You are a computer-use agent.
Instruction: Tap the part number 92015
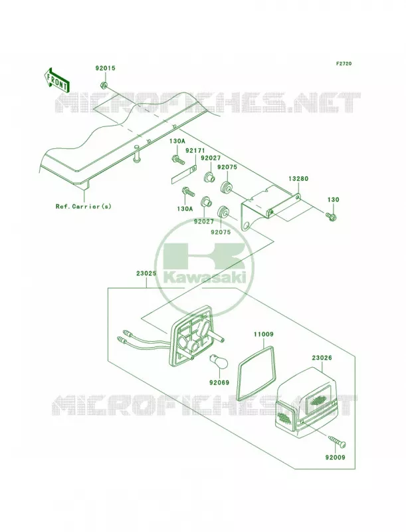pyautogui.click(x=105, y=68)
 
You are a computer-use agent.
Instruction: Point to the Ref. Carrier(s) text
pyautogui.click(x=83, y=206)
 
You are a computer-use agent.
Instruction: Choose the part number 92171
pyautogui.click(x=193, y=150)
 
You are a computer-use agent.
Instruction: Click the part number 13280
pyautogui.click(x=298, y=179)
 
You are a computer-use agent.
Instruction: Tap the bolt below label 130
pyautogui.click(x=331, y=215)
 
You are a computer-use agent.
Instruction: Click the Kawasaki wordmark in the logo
pyautogui.click(x=205, y=278)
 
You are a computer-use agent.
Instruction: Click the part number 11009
pyautogui.click(x=263, y=334)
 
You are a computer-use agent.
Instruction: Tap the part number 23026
pyautogui.click(x=322, y=358)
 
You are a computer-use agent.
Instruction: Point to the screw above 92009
pyautogui.click(x=336, y=442)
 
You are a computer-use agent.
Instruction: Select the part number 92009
pyautogui.click(x=335, y=458)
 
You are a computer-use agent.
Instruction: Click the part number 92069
pyautogui.click(x=219, y=383)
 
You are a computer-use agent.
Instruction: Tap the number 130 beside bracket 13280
pyautogui.click(x=333, y=200)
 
